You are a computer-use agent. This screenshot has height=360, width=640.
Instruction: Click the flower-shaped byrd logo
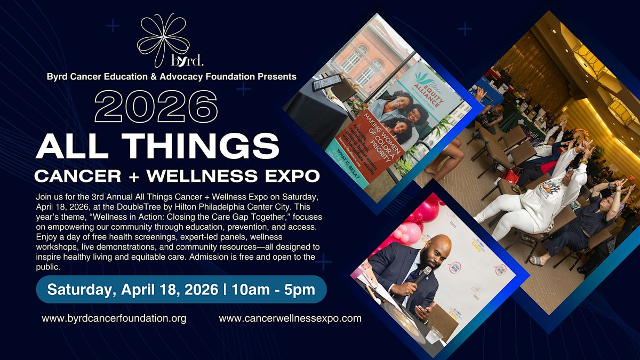click(x=163, y=40)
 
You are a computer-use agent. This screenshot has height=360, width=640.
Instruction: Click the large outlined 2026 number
click(x=156, y=106)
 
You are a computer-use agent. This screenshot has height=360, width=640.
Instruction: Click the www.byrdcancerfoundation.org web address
click(x=114, y=318)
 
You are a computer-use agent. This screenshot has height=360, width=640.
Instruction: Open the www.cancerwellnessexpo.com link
click(x=290, y=318)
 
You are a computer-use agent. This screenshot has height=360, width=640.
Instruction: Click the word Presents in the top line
click(x=277, y=76)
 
